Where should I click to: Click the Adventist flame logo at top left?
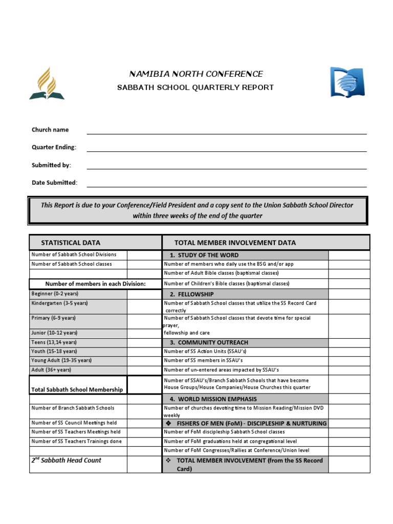click(47, 83)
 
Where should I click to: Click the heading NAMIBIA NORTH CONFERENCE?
click(196, 74)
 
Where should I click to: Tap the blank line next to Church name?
click(226, 130)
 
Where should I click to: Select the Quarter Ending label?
click(54, 147)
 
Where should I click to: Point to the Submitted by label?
click(51, 165)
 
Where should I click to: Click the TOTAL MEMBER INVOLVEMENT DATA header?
click(235, 243)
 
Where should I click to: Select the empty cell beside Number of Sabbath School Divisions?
click(144, 255)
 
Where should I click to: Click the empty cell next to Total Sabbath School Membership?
click(144, 386)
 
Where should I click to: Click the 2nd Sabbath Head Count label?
click(66, 461)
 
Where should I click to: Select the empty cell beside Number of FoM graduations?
click(348, 441)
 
